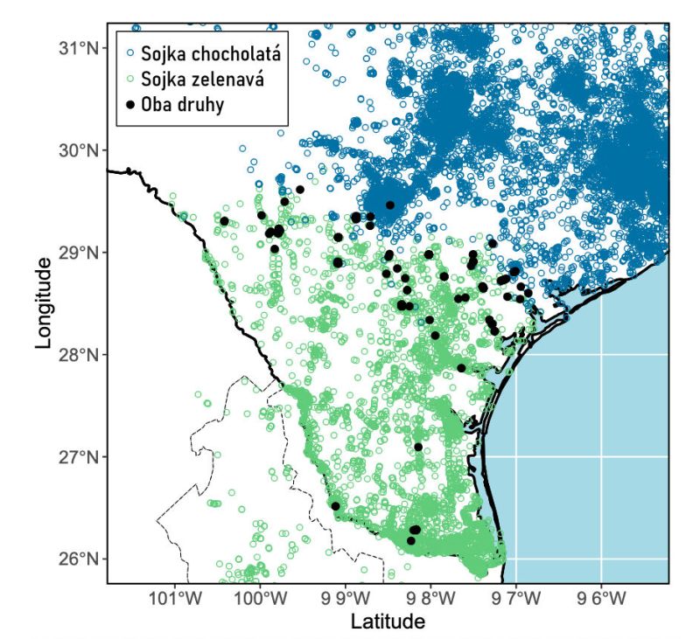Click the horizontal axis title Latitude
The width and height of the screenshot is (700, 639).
coord(388,622)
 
